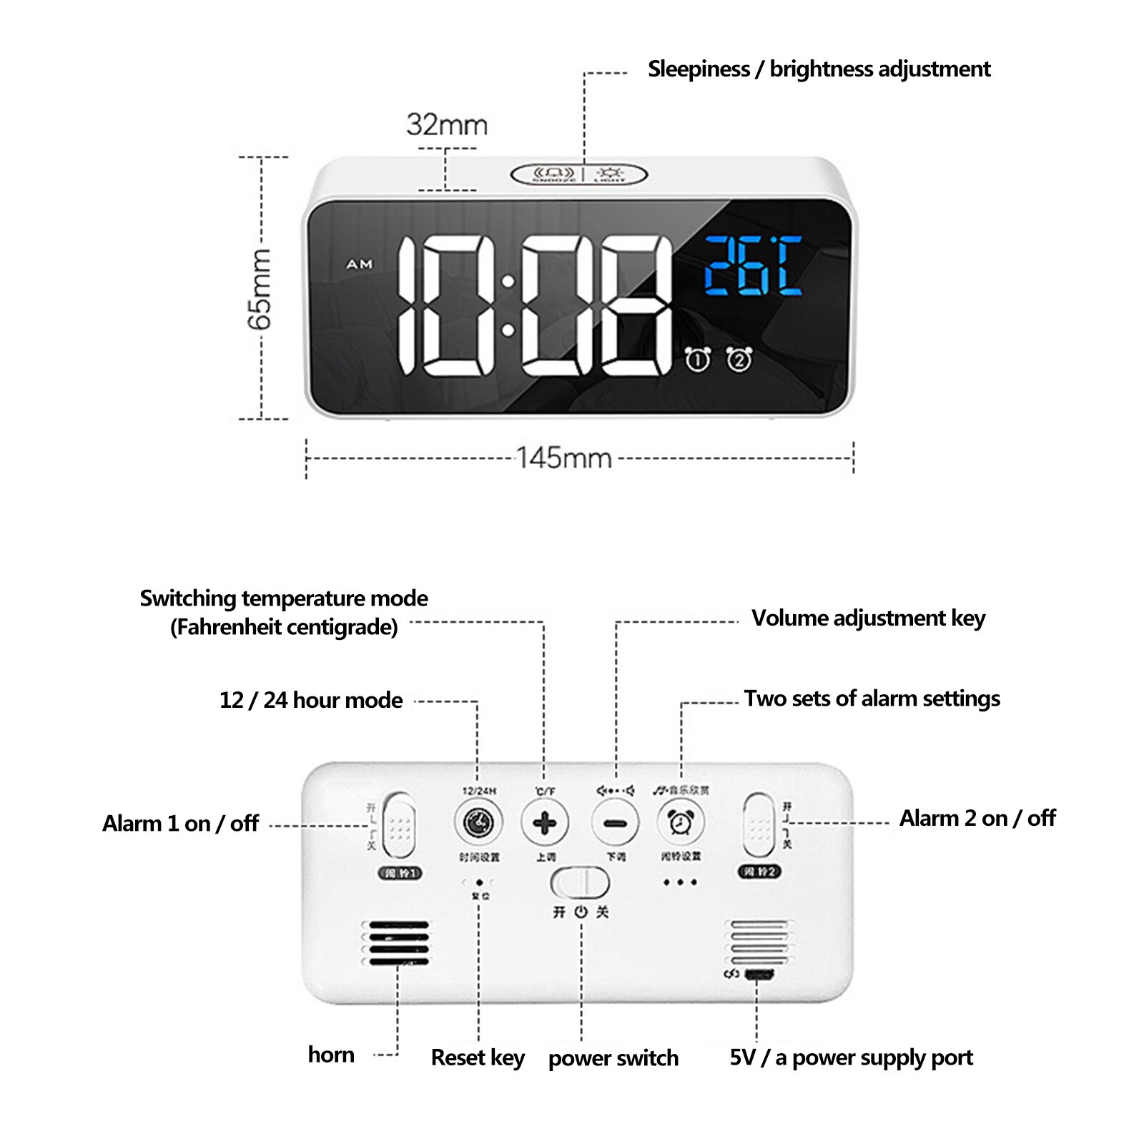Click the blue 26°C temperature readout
(x=753, y=266)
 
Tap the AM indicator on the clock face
(x=360, y=265)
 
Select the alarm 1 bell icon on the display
(x=697, y=359)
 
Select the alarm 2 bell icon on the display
(x=739, y=359)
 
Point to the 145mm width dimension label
(x=564, y=458)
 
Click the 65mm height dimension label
(x=260, y=289)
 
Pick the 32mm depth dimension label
(x=447, y=125)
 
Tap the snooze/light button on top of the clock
(x=579, y=174)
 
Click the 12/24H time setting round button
(x=478, y=823)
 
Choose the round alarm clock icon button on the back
(x=681, y=823)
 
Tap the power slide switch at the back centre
(x=580, y=882)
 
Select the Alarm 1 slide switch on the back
(x=399, y=824)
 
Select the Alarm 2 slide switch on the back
(x=759, y=824)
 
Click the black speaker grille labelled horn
(x=397, y=942)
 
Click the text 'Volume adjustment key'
(x=868, y=618)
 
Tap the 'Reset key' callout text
(x=478, y=1057)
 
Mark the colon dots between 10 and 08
(x=508, y=306)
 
